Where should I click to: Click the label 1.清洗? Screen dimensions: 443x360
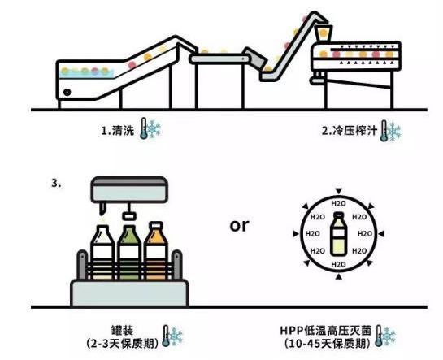click(x=117, y=130)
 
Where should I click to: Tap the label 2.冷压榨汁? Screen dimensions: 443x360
click(x=350, y=131)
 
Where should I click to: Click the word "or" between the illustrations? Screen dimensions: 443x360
click(x=239, y=225)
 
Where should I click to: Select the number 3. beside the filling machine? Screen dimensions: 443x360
click(x=56, y=183)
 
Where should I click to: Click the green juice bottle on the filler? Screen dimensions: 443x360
click(x=129, y=252)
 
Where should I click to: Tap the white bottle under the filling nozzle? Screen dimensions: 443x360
click(x=103, y=252)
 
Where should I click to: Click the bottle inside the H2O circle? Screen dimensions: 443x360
click(x=338, y=234)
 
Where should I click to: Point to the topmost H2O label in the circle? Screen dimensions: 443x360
click(x=338, y=203)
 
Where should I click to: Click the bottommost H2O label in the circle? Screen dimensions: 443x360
click(x=338, y=265)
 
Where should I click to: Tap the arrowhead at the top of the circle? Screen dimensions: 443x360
click(x=339, y=191)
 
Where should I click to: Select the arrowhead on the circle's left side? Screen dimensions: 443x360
click(x=296, y=234)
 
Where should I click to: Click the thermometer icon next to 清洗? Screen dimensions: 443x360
click(x=144, y=128)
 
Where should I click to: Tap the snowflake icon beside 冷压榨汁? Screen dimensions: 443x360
click(x=393, y=132)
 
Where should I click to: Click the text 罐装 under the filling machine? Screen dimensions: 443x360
click(x=122, y=331)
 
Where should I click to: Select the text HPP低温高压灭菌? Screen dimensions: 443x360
click(x=325, y=331)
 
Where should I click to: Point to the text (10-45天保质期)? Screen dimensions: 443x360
click(x=328, y=344)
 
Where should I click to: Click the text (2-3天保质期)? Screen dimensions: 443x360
click(x=123, y=344)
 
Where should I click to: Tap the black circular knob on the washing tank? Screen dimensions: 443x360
click(x=67, y=92)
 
